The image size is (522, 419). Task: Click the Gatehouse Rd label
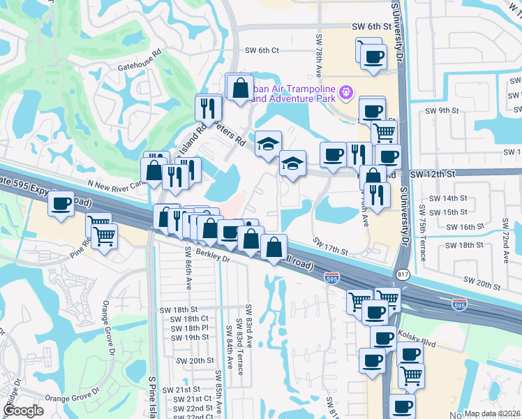(140, 52)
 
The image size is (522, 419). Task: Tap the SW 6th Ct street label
(262, 50)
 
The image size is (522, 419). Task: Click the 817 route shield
(402, 274)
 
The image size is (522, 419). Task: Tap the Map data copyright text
(493, 413)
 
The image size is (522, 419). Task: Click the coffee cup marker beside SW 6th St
(373, 56)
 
